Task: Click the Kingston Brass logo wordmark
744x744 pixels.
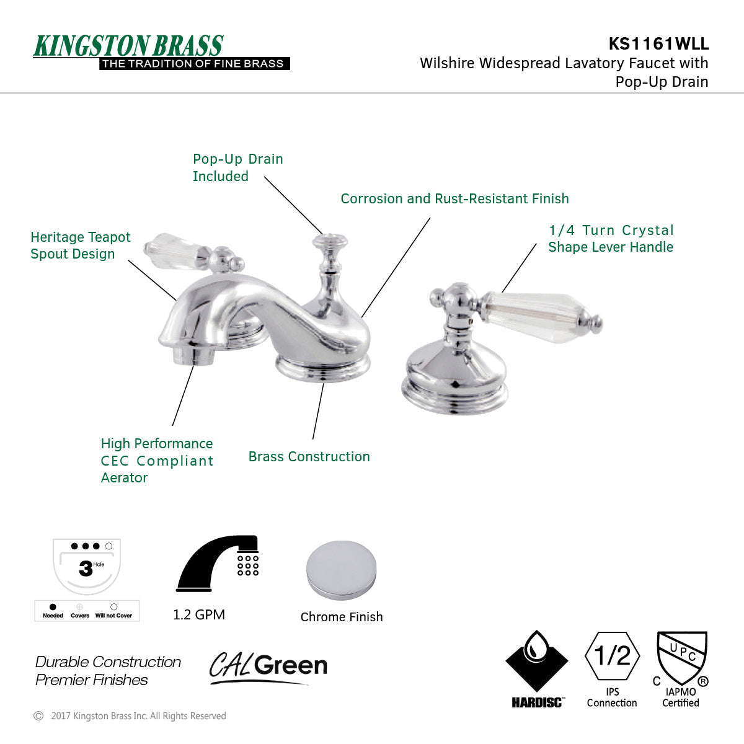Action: (x=128, y=46)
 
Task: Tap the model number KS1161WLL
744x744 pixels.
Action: (x=658, y=44)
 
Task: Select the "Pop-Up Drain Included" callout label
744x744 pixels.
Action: (x=237, y=167)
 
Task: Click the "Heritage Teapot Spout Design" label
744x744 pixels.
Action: (x=80, y=246)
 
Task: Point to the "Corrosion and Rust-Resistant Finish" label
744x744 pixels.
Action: (x=454, y=198)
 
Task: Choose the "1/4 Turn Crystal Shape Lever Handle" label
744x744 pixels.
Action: (x=611, y=239)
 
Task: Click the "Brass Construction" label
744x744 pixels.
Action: (x=309, y=457)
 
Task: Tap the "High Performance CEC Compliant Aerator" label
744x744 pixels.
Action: (x=157, y=461)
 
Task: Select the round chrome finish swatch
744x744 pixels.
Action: (x=341, y=571)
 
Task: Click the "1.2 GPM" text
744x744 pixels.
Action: (x=198, y=614)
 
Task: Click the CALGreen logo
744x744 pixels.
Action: (x=268, y=666)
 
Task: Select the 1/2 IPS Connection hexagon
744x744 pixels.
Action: (x=612, y=656)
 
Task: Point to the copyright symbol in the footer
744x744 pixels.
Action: (x=38, y=716)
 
